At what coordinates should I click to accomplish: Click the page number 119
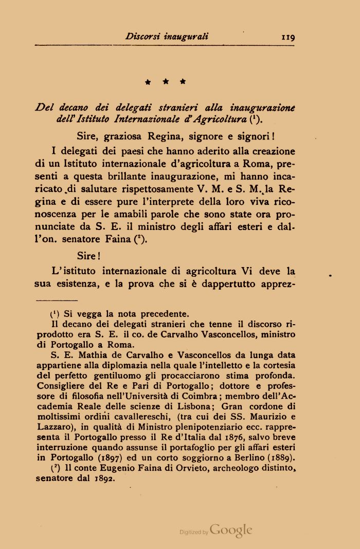click(284, 37)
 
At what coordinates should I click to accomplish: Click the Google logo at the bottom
click(231, 530)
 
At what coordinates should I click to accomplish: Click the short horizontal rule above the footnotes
click(57, 300)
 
